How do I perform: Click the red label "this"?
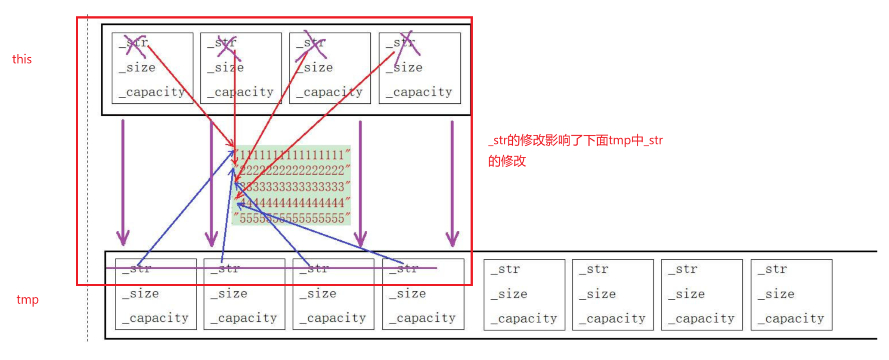pos(22,59)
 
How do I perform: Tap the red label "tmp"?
pos(28,299)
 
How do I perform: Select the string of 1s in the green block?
pos(292,155)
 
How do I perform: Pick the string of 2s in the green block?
pos(292,171)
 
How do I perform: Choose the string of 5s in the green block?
pos(292,218)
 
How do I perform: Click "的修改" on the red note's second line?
pos(507,161)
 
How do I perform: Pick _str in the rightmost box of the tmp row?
pos(772,270)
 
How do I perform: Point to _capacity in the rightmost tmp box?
pos(791,319)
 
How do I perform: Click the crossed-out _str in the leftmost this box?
pos(134,43)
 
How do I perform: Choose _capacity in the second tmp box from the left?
pos(244,318)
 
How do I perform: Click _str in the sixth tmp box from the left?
pos(594,270)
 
